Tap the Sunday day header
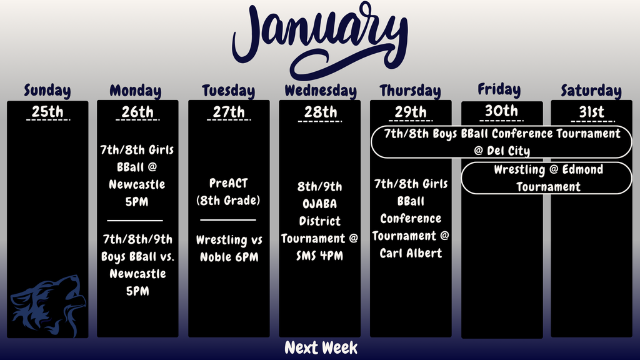pos(47,91)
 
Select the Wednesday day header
pos(321,91)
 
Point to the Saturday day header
pos(591,91)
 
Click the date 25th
pos(47,112)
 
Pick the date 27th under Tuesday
pos(229,112)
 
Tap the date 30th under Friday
pos(501,111)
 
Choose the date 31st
pos(591,112)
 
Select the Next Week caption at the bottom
pos(321,347)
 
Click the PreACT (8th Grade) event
pos(229,192)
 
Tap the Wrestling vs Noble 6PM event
pos(229,248)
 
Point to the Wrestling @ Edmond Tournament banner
pos(547,178)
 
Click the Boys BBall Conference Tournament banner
pos(502,142)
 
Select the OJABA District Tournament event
pos(320,221)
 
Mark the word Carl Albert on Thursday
pos(411,253)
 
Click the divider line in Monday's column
pos(135,220)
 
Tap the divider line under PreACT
pos(228,220)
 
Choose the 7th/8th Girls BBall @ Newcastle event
pos(137,176)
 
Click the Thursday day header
pos(410,91)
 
